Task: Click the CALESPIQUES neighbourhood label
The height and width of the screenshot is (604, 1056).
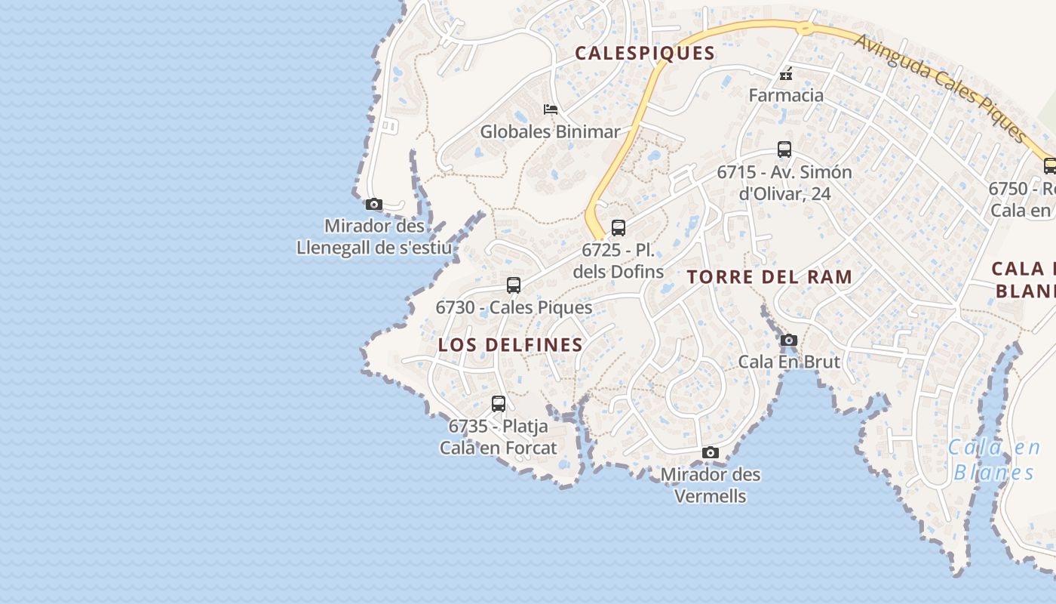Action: pos(644,53)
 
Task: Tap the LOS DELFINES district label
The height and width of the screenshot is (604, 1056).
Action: pos(511,345)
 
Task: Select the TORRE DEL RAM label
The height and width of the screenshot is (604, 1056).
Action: pos(769,277)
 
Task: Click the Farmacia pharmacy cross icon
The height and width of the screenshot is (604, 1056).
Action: pos(785,74)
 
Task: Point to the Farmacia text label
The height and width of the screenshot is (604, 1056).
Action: pos(785,96)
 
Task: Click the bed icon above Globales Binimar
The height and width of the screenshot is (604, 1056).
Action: pos(551,109)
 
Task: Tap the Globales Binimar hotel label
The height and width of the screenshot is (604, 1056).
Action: pos(551,131)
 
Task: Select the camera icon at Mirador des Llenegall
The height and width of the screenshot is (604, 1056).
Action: pos(373,204)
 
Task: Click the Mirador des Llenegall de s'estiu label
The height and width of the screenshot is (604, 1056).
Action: pos(374,237)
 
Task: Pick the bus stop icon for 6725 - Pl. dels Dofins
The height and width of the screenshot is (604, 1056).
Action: pos(619,227)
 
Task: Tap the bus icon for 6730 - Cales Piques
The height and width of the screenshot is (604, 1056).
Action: pos(514,285)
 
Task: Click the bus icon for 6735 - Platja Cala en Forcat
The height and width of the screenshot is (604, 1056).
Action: pos(499,403)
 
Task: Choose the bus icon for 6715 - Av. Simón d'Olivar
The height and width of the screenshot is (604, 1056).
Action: pos(784,149)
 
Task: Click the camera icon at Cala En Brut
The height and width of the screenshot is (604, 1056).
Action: pos(789,340)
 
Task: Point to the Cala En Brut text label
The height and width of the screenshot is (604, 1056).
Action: pos(789,362)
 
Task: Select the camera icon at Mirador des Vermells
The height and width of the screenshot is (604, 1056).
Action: pos(710,452)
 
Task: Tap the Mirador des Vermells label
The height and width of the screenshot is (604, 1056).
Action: pos(710,485)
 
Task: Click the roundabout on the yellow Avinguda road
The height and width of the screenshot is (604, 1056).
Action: pos(804,29)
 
